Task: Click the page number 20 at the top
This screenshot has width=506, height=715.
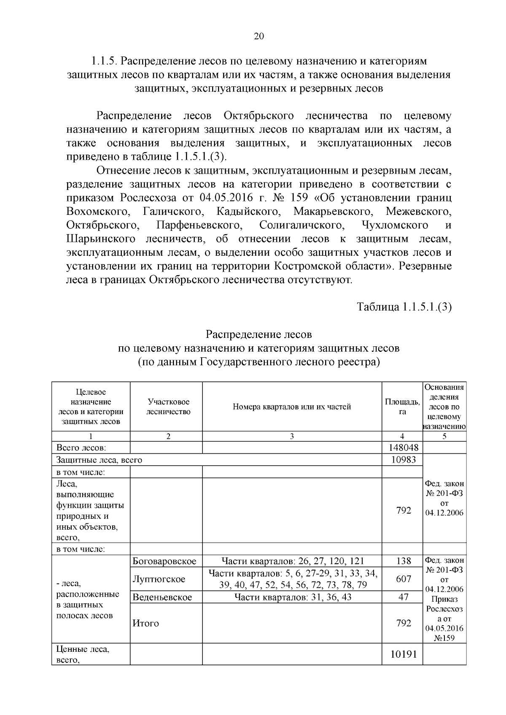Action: click(x=258, y=36)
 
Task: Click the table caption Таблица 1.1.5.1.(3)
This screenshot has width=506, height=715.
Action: click(x=404, y=307)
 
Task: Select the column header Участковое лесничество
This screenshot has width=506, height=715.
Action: click(x=168, y=407)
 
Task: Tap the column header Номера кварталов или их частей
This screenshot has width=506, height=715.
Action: click(x=292, y=407)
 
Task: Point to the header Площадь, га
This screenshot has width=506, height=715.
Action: click(x=402, y=407)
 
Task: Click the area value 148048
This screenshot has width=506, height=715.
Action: click(x=402, y=447)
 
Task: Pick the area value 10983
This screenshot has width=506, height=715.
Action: click(x=404, y=460)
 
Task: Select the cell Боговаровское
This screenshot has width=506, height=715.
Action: click(x=164, y=561)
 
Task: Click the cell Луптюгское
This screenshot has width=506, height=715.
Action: click(x=159, y=579)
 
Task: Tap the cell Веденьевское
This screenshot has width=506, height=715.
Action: click(x=162, y=597)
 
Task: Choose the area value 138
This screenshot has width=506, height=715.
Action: click(x=404, y=561)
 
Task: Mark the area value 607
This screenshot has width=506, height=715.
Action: click(x=404, y=579)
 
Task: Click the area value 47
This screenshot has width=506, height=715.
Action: click(x=404, y=597)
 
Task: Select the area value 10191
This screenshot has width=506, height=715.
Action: click(x=404, y=654)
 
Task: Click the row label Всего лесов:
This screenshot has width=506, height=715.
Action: click(x=81, y=447)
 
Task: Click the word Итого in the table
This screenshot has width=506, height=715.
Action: click(x=145, y=623)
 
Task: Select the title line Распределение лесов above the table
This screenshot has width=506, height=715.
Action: click(x=258, y=334)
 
